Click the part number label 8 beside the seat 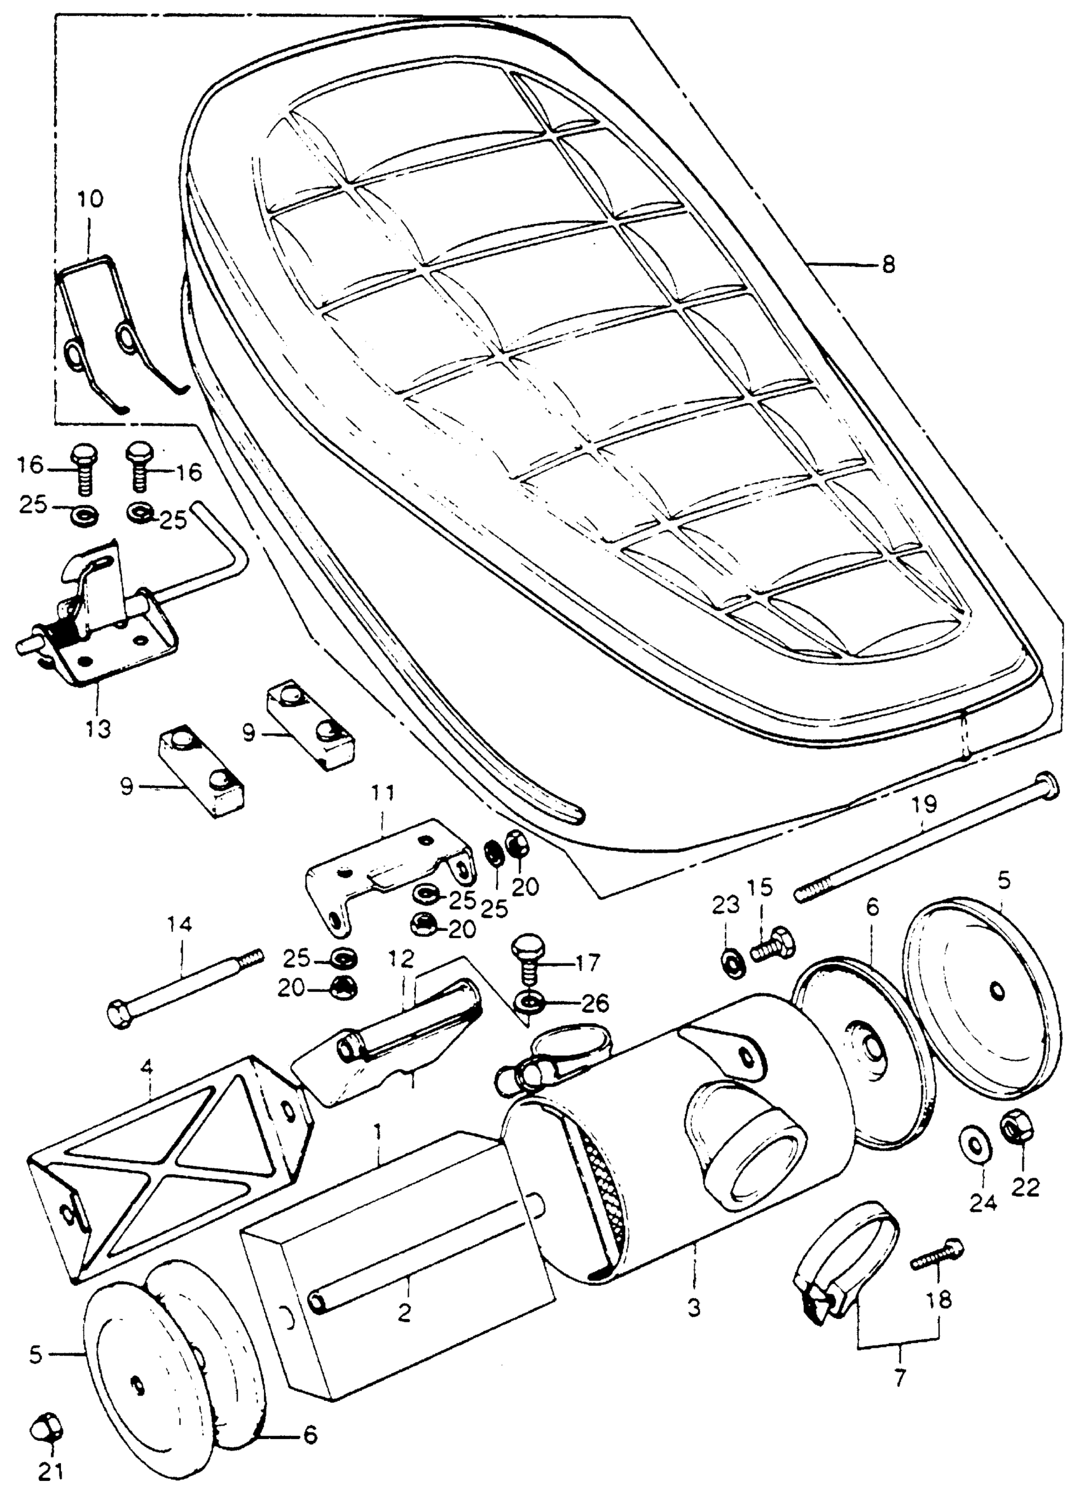click(888, 265)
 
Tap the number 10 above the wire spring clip click(91, 198)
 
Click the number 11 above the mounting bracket click(383, 794)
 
